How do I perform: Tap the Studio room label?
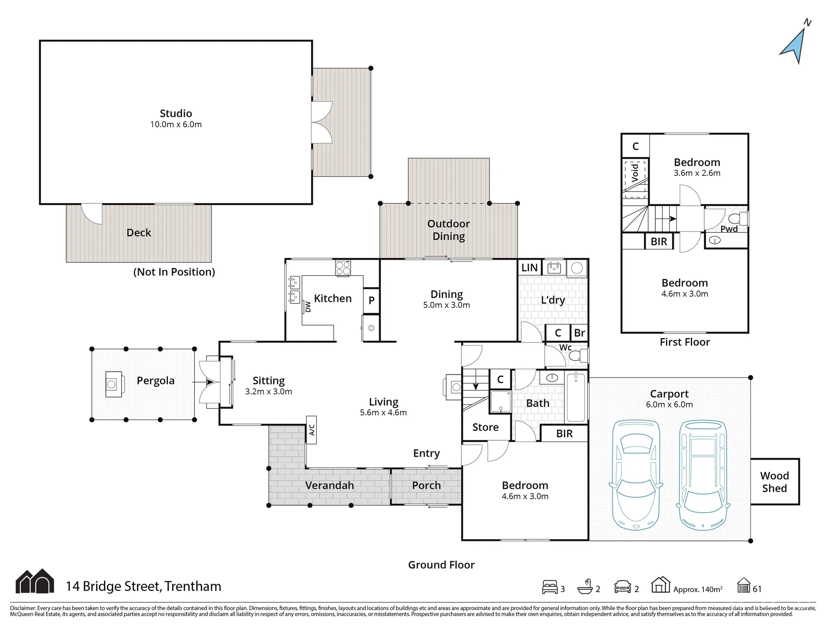point(176,113)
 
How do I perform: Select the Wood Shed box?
point(775,482)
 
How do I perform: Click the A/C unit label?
point(312,430)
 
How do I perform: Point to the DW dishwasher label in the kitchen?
point(308,307)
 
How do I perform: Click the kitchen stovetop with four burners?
point(343,268)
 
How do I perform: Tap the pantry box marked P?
point(371,300)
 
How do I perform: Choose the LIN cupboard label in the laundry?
point(529,268)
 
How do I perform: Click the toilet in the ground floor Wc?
point(578,355)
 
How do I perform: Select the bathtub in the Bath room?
point(576,397)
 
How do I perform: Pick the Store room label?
point(485,427)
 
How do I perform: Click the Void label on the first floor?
point(635,173)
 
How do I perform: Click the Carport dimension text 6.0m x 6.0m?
point(669,404)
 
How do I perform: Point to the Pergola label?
point(155,381)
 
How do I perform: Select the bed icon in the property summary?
point(550,587)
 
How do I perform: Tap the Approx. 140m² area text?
point(698,589)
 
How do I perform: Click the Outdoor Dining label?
point(449,230)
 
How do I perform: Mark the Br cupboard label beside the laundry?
point(579,333)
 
